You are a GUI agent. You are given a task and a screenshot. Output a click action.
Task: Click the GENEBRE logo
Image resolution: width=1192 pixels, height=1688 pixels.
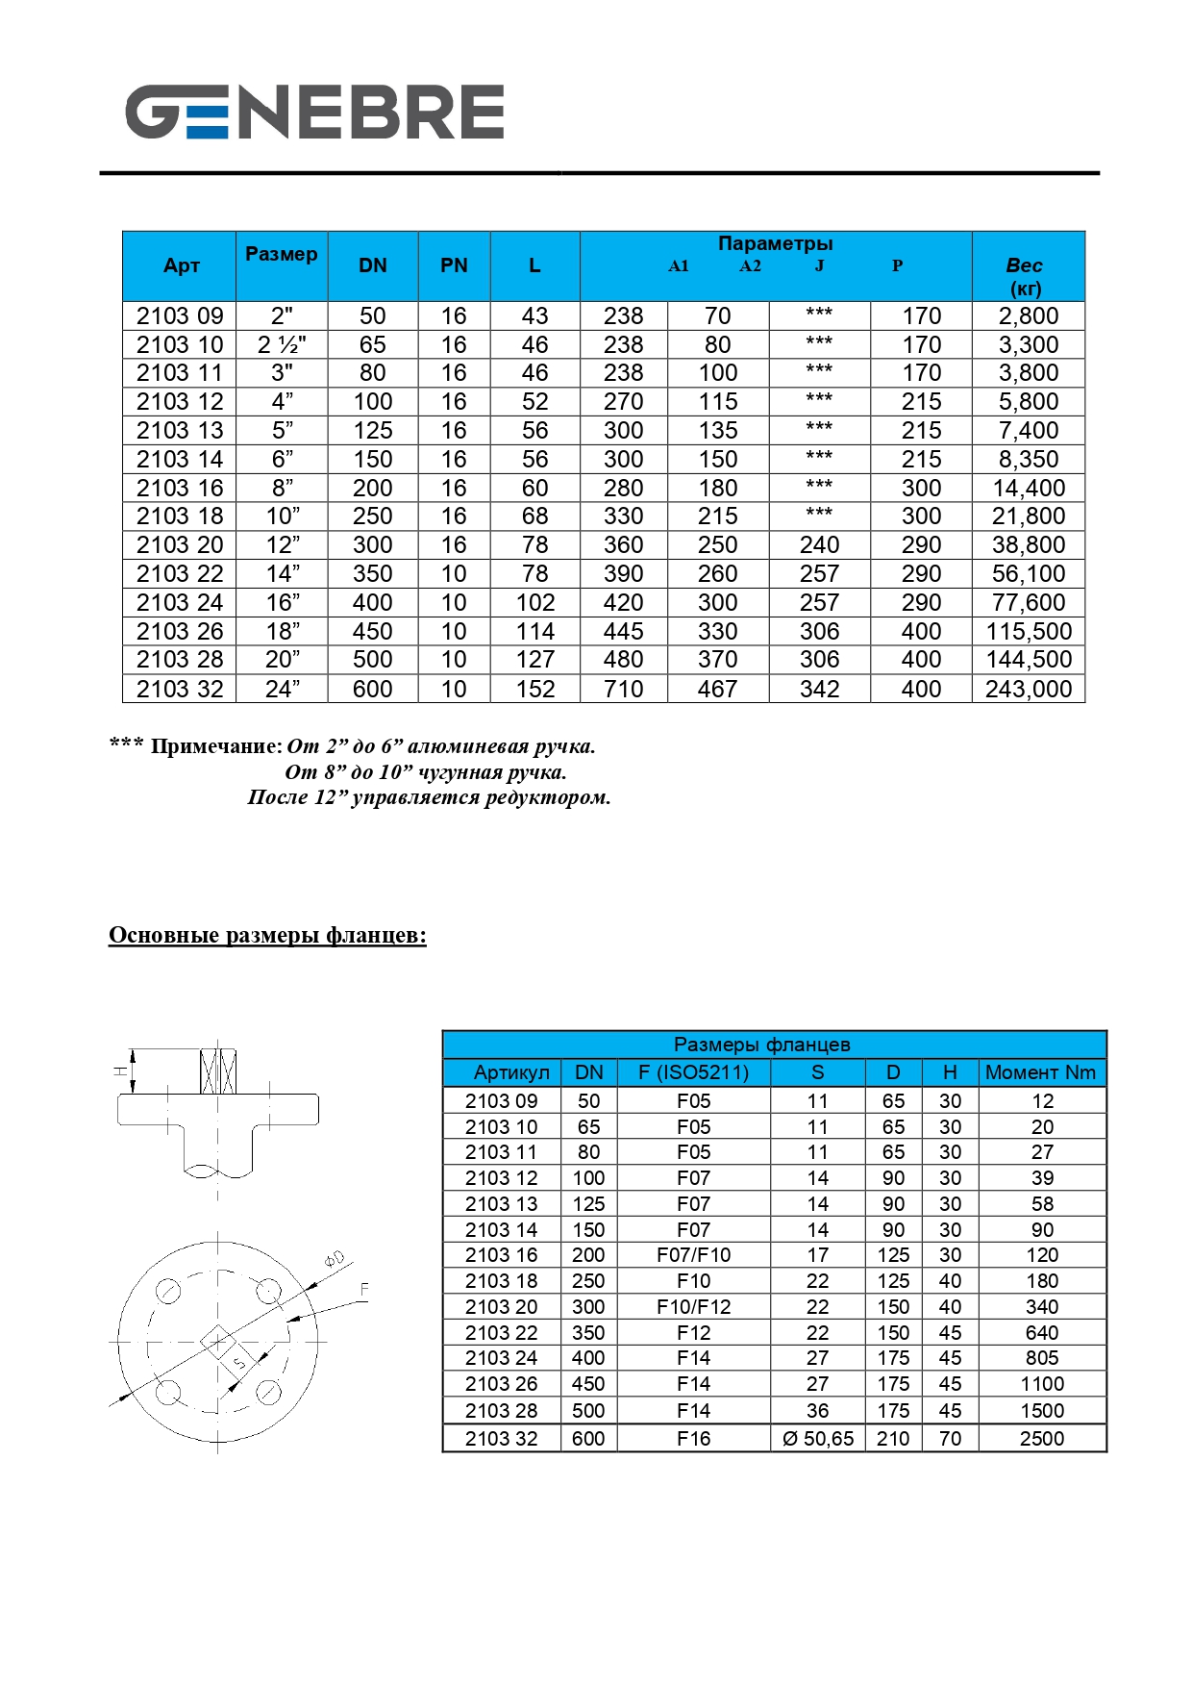314,112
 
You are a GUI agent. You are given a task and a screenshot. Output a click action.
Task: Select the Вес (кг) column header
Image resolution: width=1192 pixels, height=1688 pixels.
1025,276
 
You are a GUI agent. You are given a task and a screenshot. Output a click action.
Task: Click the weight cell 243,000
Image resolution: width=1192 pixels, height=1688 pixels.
1028,689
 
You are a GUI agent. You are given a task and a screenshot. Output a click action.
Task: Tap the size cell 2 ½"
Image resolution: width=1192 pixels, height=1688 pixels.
282,344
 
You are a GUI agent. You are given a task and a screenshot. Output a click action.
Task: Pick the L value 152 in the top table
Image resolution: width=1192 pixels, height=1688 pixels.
534,689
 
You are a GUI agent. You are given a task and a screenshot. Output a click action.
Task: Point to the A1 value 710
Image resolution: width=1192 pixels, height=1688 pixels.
623,689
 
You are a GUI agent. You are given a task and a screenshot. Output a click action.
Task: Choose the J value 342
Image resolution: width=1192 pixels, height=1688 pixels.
819,689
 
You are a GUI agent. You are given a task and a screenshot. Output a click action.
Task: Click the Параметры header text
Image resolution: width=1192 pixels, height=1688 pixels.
775,243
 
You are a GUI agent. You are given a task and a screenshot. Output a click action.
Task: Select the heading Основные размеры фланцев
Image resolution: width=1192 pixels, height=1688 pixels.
267,935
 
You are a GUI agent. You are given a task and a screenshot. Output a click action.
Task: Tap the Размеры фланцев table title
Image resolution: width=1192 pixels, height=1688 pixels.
761,1045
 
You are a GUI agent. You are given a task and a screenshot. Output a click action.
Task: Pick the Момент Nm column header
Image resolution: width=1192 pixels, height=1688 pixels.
1040,1072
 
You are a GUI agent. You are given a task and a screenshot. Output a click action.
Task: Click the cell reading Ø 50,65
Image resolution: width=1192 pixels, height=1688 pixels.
817,1439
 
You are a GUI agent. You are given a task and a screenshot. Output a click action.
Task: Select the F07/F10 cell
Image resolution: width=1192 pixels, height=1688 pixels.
693,1255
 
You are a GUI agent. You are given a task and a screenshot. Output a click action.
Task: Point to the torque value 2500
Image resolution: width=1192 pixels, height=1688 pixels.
1042,1439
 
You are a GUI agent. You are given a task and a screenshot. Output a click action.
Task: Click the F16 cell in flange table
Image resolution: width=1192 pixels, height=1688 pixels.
693,1439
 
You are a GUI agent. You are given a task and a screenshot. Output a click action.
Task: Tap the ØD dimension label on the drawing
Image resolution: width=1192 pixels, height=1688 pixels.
334,1259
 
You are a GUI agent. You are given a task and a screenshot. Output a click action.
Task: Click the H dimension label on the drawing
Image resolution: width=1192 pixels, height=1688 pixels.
120,1071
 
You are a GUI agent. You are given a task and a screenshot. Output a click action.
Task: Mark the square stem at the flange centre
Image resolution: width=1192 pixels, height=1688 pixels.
218,1342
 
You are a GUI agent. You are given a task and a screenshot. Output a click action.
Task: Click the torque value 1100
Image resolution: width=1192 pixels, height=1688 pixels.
1042,1384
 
